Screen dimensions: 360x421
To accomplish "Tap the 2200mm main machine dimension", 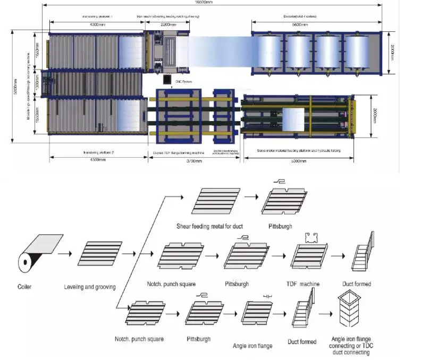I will [x=165, y=24].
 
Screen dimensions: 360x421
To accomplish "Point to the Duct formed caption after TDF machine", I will [x=356, y=284].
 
